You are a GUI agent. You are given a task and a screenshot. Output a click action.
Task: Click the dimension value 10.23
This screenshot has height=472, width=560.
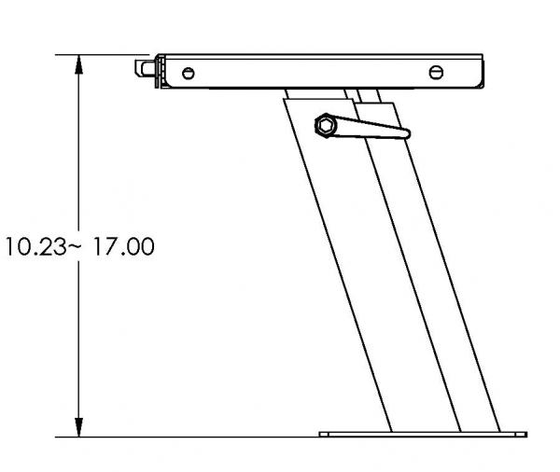click(36, 246)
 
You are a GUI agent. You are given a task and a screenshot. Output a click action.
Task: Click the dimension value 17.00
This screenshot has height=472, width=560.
click(124, 246)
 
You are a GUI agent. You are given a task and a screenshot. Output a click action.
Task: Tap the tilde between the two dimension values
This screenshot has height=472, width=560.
click(75, 245)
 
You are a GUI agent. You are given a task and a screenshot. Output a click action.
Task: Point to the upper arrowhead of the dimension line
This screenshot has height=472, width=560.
click(79, 64)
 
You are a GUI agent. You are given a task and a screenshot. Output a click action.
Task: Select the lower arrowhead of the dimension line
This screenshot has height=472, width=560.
click(79, 427)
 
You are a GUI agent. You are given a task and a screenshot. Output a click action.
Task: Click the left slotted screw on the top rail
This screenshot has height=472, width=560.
click(189, 73)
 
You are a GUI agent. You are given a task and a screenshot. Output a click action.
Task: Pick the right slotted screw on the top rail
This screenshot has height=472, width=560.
click(436, 73)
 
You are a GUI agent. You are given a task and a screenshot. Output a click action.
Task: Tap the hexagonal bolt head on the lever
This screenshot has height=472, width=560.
click(326, 125)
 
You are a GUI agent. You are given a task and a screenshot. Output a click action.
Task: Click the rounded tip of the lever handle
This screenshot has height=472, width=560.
click(406, 133)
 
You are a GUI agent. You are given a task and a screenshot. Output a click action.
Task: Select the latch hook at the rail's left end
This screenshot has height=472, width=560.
click(145, 68)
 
